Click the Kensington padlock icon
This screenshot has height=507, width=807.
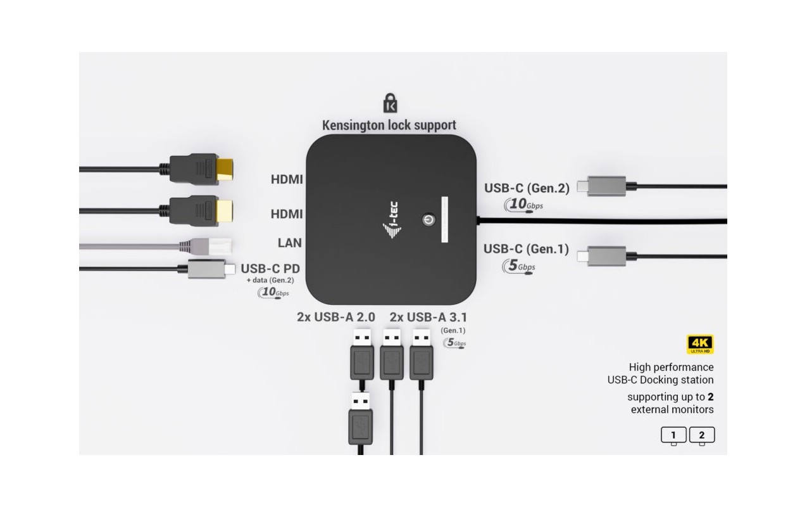click(x=390, y=103)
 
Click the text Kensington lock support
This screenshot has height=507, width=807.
click(x=389, y=125)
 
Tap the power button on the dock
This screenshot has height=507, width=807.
click(x=429, y=220)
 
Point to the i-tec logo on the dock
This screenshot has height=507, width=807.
click(x=392, y=220)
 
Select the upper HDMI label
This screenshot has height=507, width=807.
click(x=287, y=179)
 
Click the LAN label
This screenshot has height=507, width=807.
click(x=290, y=243)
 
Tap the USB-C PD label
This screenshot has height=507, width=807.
click(x=270, y=269)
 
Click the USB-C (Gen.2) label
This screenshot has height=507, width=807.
click(x=527, y=188)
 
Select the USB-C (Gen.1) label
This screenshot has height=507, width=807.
click(x=526, y=248)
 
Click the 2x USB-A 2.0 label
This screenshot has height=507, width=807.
click(x=335, y=317)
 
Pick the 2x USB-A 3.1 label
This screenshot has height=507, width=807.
click(x=428, y=318)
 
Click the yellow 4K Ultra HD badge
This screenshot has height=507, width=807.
click(x=700, y=344)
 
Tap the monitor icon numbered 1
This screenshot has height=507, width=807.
click(x=673, y=436)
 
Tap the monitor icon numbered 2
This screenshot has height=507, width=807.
click(x=702, y=436)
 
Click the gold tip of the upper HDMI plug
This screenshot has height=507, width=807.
click(x=225, y=169)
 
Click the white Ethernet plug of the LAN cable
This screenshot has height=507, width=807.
click(x=220, y=247)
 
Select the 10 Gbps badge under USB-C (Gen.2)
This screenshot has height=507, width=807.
click(x=523, y=205)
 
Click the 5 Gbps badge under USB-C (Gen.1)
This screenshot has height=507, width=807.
click(x=519, y=267)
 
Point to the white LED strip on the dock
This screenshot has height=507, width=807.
click(x=444, y=219)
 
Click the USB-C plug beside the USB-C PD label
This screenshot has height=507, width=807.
click(x=211, y=269)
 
